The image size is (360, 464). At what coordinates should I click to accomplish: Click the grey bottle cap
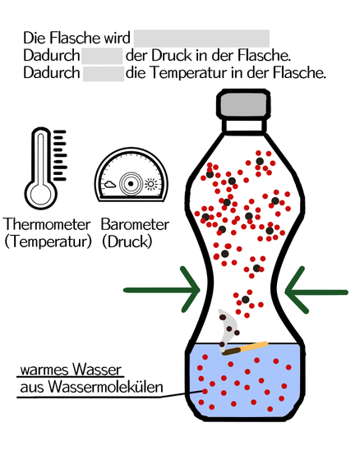(x=243, y=103)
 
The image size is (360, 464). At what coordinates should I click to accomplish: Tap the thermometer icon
(x=45, y=168)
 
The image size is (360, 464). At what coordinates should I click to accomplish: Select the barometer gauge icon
(x=132, y=175)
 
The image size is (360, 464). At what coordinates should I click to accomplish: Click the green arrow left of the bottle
(x=162, y=290)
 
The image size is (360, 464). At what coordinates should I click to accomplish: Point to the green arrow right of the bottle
(x=316, y=292)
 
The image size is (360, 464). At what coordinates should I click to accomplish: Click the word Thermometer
(x=47, y=224)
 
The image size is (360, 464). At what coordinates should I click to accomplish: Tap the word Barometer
(x=135, y=224)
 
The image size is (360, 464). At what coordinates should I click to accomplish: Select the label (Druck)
(x=127, y=242)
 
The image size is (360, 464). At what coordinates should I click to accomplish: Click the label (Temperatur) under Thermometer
(x=48, y=242)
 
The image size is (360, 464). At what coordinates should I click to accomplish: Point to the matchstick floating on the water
(x=245, y=348)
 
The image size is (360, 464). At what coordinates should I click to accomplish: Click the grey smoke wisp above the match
(x=228, y=328)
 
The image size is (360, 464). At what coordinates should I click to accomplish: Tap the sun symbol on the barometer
(x=151, y=184)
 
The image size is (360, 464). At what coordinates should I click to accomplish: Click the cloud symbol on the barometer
(x=110, y=185)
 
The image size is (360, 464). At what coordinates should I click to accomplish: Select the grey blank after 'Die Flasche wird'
(x=201, y=38)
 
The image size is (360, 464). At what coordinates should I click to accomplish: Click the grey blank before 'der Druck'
(x=102, y=56)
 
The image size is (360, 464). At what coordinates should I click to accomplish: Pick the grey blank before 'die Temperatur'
(x=104, y=74)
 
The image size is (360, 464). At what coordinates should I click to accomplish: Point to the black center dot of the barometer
(x=131, y=184)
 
